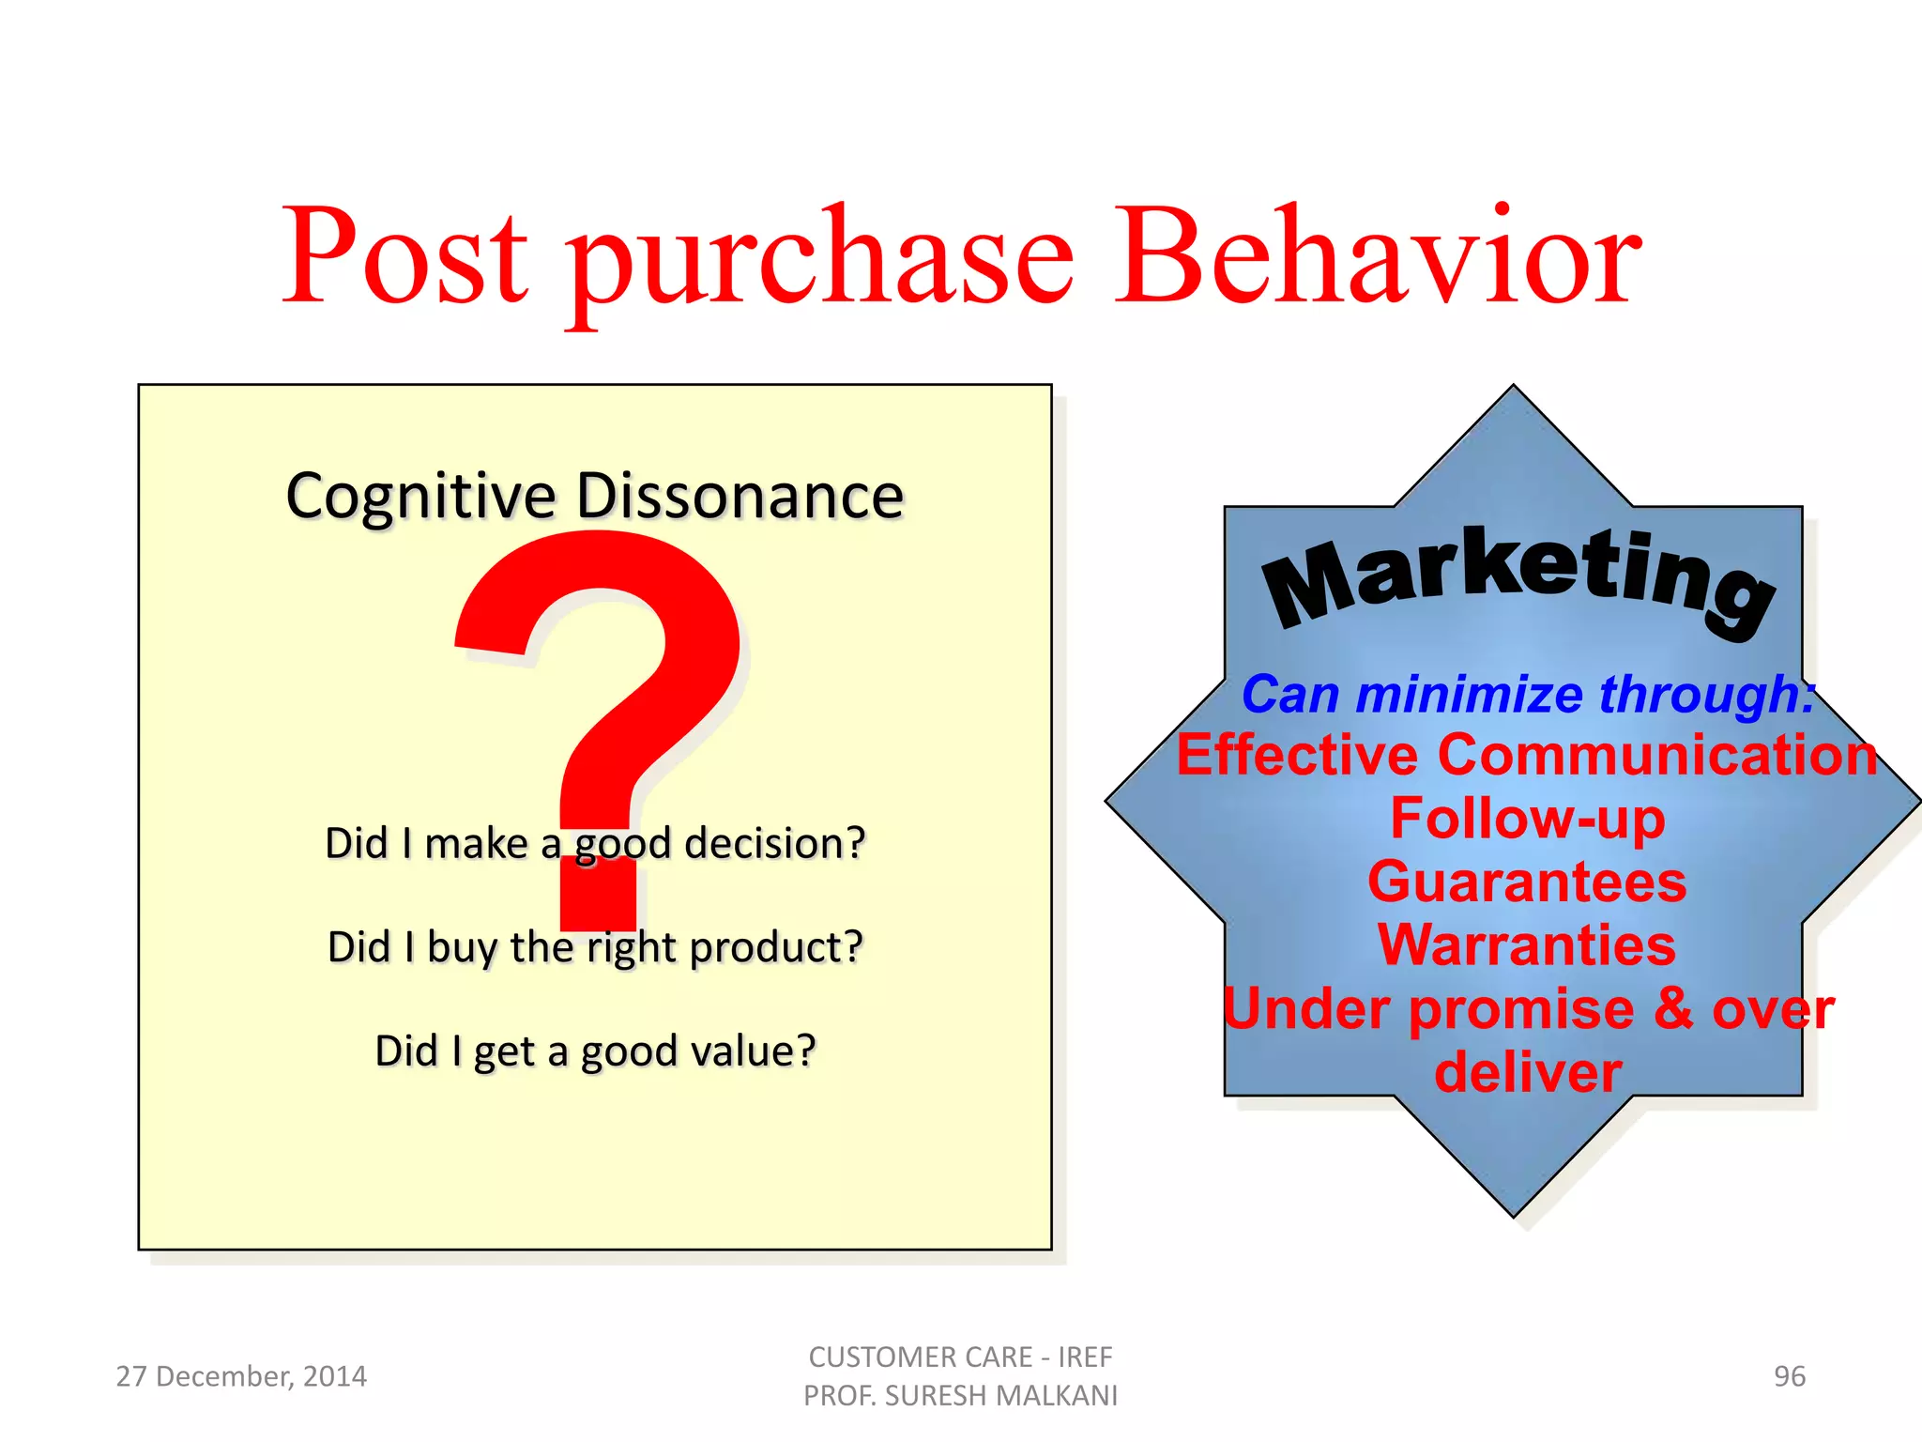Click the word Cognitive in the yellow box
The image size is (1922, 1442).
[420, 498]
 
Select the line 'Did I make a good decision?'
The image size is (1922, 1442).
[594, 843]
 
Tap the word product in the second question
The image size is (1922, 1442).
[774, 948]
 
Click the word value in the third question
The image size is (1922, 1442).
[751, 1051]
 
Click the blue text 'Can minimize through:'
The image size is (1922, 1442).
[1527, 695]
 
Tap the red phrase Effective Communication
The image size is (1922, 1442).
[1527, 756]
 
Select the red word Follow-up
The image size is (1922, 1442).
[1527, 819]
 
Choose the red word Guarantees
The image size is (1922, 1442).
[1527, 882]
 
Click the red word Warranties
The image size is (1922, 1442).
[1527, 945]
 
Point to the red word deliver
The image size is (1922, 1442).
[1527, 1073]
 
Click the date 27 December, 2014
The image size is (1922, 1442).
[241, 1376]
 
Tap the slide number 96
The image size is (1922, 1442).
[1789, 1376]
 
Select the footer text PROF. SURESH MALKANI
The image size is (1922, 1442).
[960, 1396]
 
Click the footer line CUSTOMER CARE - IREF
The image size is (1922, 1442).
[960, 1357]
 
